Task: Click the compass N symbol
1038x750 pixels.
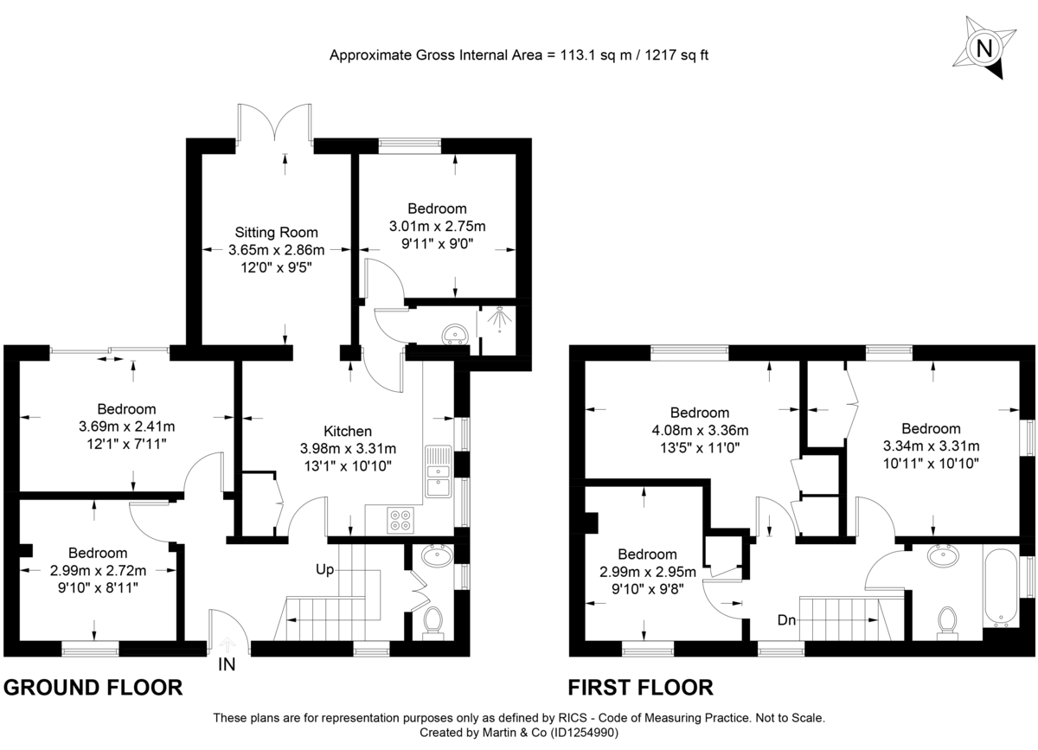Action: coord(983,48)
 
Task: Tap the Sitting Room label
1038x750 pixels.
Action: coord(276,232)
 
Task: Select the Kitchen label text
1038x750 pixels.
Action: coord(348,431)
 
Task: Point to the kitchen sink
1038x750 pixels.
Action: coord(439,474)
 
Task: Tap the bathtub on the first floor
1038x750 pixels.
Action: coord(1001,587)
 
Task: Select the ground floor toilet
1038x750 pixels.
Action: coord(432,621)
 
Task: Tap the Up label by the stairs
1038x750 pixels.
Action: coord(325,569)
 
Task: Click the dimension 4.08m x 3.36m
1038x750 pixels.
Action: coord(700,431)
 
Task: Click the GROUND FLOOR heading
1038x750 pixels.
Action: coord(93,688)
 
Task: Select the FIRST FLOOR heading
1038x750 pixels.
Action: coord(640,688)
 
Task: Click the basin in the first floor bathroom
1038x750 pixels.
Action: coord(942,554)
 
